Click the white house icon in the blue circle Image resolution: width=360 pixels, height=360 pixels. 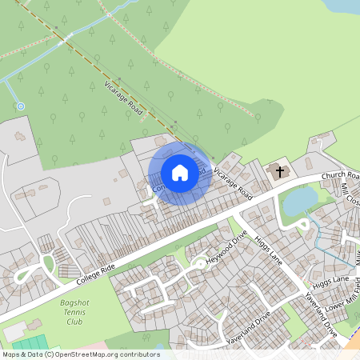click(x=180, y=172)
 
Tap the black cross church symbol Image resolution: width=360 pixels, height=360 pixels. click(x=279, y=171)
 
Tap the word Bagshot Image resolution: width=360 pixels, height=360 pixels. click(x=74, y=303)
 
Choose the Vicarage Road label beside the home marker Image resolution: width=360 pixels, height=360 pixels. click(x=233, y=183)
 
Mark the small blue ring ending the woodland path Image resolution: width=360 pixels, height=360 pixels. click(x=21, y=106)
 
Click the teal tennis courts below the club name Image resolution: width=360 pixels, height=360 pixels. click(x=28, y=344)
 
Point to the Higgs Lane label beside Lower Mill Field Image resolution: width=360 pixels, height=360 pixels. click(x=331, y=282)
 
